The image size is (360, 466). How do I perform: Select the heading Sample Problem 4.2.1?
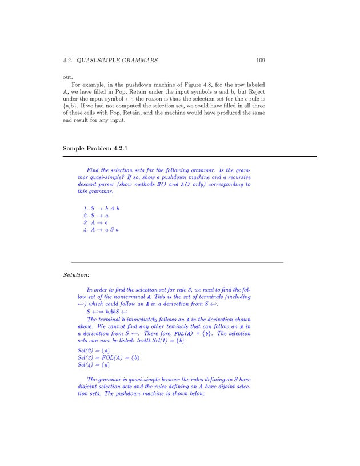[x=94, y=148]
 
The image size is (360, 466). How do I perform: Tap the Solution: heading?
[x=76, y=275]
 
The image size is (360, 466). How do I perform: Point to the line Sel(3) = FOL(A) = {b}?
[x=109, y=357]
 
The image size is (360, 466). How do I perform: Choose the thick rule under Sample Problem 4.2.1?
[x=190, y=156]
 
